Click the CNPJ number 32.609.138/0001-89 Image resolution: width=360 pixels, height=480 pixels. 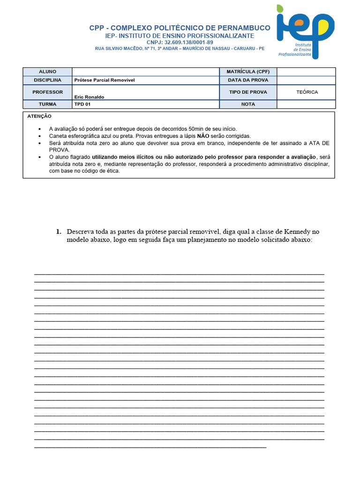click(180, 42)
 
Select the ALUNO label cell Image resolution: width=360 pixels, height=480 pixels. click(47, 72)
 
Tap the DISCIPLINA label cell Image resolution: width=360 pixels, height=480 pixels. click(47, 80)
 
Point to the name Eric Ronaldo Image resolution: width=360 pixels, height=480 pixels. click(89, 97)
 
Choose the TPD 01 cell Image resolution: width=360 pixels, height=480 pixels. click(82, 104)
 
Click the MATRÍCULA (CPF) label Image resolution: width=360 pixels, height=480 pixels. click(248, 72)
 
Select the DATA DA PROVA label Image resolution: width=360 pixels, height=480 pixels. click(248, 80)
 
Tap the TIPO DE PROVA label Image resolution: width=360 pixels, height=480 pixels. click(248, 92)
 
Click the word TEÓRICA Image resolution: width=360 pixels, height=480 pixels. click(307, 92)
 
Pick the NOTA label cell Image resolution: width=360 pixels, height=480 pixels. click(248, 104)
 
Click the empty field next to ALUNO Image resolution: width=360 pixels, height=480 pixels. click(145, 72)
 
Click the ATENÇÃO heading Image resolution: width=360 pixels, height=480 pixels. click(39, 116)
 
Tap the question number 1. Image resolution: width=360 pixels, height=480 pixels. click(59, 232)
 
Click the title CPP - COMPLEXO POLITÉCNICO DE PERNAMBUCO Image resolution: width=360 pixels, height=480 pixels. click(180, 28)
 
